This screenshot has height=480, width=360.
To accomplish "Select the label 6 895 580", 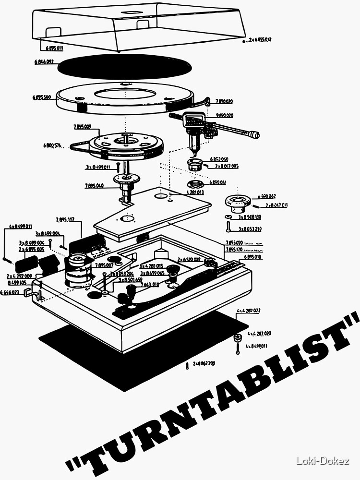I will tap(42, 97).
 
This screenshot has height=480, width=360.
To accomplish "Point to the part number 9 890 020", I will tap(224, 115).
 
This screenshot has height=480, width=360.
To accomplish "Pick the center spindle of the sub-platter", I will tap(125, 139).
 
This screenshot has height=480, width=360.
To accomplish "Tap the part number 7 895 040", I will tap(94, 185).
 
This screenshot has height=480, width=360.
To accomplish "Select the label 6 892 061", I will tap(217, 183).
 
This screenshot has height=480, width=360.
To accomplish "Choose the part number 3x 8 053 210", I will tap(250, 229).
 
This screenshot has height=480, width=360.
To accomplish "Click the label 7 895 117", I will tap(65, 219).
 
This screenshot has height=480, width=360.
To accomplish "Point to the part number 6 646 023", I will tap(10, 292).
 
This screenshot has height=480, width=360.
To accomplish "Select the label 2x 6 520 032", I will tap(189, 259).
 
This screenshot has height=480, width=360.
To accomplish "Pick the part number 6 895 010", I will tap(252, 257).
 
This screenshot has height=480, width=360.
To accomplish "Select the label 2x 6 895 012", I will tap(259, 40).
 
